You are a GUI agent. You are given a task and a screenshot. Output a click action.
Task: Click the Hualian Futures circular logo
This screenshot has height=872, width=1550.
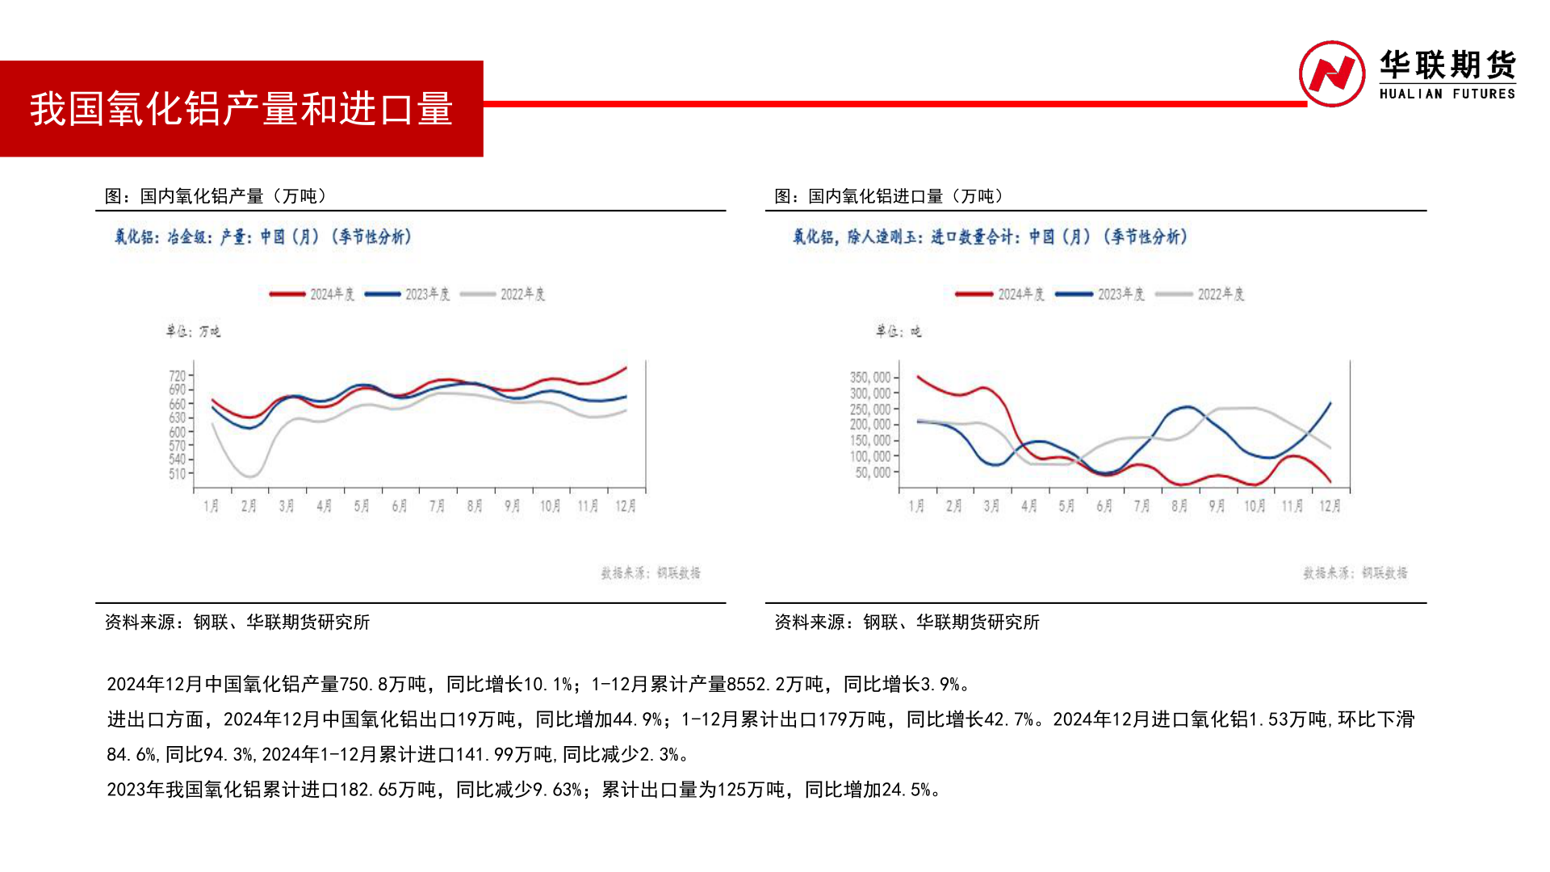click(1331, 73)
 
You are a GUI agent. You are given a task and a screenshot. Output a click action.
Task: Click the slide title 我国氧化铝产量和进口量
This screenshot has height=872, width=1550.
click(241, 109)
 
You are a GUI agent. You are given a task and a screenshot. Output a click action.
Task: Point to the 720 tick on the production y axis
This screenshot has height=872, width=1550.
click(178, 375)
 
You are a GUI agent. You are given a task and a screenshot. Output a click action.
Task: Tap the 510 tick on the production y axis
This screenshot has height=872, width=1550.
click(178, 474)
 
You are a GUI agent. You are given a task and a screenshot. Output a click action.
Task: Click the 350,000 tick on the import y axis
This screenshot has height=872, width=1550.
click(870, 377)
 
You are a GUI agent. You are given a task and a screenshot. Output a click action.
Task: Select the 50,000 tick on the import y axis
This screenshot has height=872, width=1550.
click(873, 472)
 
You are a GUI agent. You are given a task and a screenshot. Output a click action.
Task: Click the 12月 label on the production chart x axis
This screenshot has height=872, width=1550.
click(626, 506)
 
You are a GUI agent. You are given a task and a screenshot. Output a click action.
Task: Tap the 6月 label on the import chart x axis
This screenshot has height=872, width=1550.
click(1104, 506)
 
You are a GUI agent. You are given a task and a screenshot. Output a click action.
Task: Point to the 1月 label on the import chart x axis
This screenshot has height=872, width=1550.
click(916, 506)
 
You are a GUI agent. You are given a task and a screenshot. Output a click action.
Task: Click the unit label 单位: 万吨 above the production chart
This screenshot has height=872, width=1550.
click(193, 331)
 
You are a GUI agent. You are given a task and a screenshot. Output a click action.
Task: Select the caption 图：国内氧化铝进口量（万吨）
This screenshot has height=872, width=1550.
click(889, 196)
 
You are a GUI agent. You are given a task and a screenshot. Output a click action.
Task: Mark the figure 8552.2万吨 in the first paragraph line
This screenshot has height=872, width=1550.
click(774, 685)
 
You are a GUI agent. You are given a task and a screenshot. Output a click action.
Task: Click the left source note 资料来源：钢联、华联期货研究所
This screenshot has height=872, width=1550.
click(237, 623)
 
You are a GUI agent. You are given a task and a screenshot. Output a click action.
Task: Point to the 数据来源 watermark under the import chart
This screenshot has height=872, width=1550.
click(1355, 573)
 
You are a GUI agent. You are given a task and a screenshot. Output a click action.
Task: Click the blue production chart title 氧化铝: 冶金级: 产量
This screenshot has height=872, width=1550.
click(262, 237)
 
